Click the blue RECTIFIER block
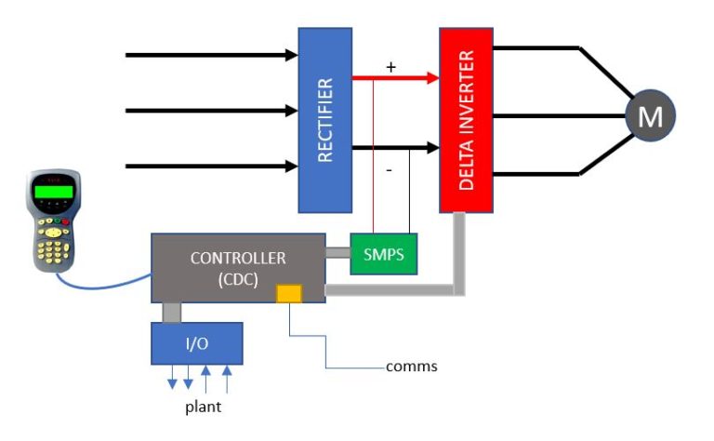[x=324, y=119]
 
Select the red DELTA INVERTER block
[x=466, y=119]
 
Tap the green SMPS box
[x=384, y=254]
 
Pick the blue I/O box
[x=196, y=343]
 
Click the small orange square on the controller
[x=289, y=293]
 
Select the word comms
[x=411, y=366]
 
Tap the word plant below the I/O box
[x=202, y=407]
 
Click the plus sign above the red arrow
[x=390, y=67]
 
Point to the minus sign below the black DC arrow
[x=390, y=171]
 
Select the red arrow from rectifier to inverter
[x=395, y=79]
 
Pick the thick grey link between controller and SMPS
[x=337, y=251]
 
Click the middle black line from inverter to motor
[x=558, y=116]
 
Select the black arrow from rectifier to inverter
[x=395, y=147]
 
